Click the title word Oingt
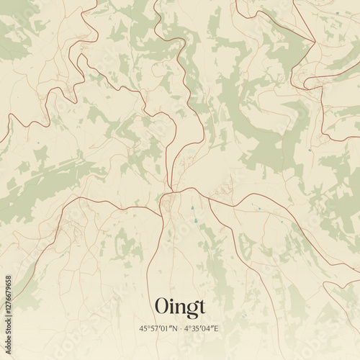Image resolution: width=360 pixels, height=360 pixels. click(180, 305)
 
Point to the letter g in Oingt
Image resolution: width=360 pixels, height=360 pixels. click(189, 307)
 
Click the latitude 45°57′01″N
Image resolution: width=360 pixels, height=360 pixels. click(158, 328)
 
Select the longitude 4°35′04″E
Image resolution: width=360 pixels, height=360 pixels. click(203, 328)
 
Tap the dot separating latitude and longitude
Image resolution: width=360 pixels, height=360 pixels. click(181, 328)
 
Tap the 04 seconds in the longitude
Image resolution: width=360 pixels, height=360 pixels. click(210, 328)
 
